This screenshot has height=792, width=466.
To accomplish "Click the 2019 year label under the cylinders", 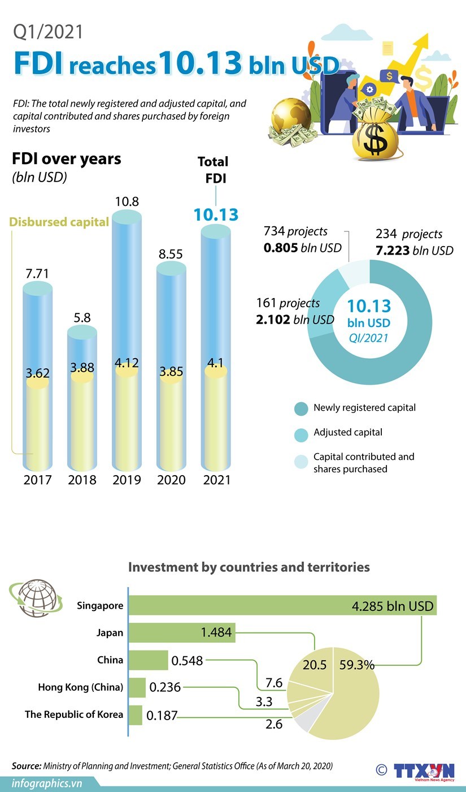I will pyautogui.click(x=127, y=480).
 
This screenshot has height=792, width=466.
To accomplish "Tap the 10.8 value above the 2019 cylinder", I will pyautogui.click(x=127, y=201).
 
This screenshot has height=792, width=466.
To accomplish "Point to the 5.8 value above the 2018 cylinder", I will pyautogui.click(x=82, y=317).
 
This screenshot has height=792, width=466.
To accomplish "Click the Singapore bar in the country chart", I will pyautogui.click(x=282, y=606).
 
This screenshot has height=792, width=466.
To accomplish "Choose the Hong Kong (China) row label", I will pyautogui.click(x=80, y=687).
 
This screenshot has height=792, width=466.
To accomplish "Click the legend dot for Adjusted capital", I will pyautogui.click(x=302, y=434).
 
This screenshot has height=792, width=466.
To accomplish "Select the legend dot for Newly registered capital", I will pyautogui.click(x=302, y=408).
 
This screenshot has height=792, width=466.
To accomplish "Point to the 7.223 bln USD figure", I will pyautogui.click(x=415, y=250).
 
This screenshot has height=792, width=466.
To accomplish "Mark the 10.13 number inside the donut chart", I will pyautogui.click(x=368, y=306).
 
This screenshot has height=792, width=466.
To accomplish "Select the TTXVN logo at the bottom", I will pyautogui.click(x=424, y=771).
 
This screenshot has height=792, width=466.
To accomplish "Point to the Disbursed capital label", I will pyautogui.click(x=59, y=222).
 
